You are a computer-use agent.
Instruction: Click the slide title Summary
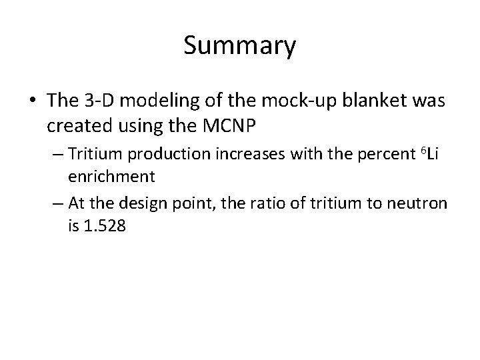click(240, 46)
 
